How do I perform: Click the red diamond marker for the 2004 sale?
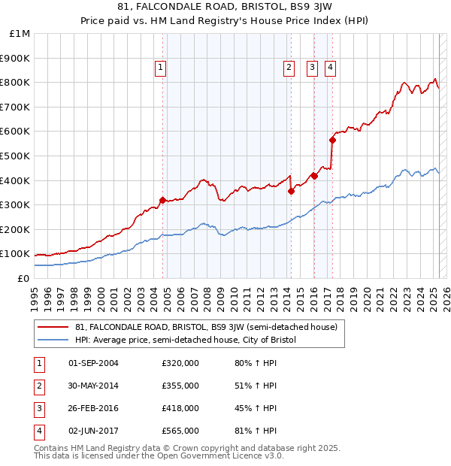pyautogui.click(x=162, y=200)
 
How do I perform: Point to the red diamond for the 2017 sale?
pyautogui.click(x=332, y=140)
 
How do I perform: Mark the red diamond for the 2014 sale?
pyautogui.click(x=292, y=191)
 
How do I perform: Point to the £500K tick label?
pyautogui.click(x=17, y=156)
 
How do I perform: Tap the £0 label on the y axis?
pyautogui.click(x=24, y=278)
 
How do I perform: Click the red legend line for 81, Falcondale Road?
pyautogui.click(x=53, y=328)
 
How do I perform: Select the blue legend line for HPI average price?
pyautogui.click(x=53, y=340)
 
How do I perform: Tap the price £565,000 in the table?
pyautogui.click(x=180, y=431)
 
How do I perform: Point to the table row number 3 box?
pyautogui.click(x=39, y=408)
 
